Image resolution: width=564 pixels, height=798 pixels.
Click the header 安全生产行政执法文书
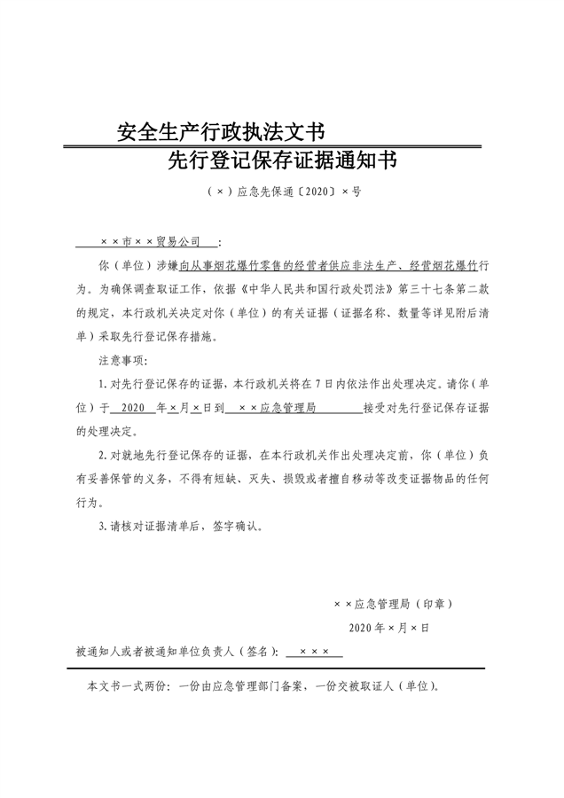click(x=222, y=133)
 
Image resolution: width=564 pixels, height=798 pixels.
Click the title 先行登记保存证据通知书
click(x=281, y=161)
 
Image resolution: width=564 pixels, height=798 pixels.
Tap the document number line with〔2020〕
click(x=281, y=191)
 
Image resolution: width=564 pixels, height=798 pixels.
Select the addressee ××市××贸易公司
click(x=152, y=241)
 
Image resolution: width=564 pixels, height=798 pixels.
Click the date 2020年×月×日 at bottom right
click(x=389, y=628)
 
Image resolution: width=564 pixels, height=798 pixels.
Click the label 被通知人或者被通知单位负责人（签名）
click(x=177, y=652)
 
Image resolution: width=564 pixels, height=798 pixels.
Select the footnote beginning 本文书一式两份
click(x=262, y=687)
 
